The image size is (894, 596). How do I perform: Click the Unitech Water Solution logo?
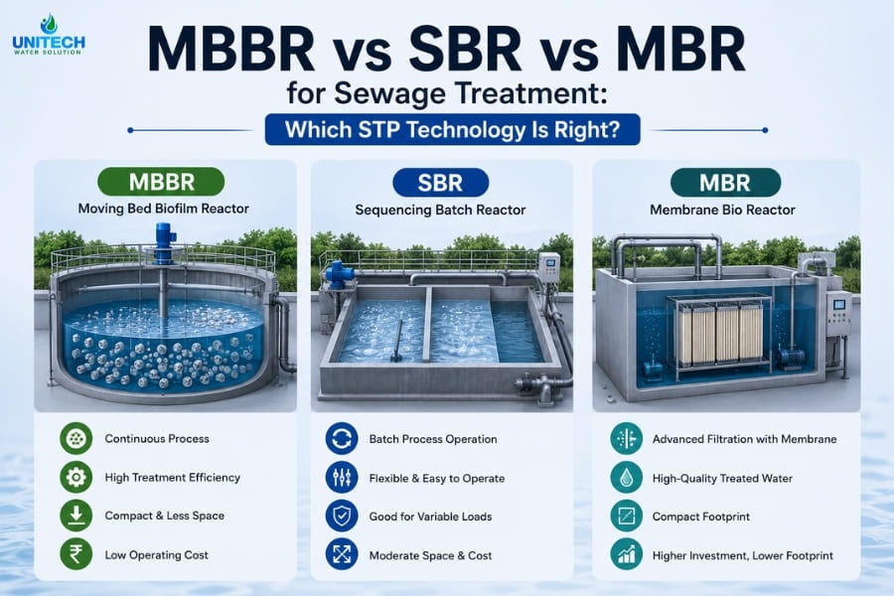pyautogui.click(x=49, y=35)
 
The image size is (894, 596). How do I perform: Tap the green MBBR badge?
pyautogui.click(x=161, y=182)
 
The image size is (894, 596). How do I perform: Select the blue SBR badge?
pyautogui.click(x=441, y=183)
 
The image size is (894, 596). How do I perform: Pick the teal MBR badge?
pyautogui.click(x=725, y=183)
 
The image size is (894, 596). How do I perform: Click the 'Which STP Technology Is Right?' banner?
pyautogui.click(x=453, y=129)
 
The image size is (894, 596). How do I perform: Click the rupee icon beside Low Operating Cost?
pyautogui.click(x=75, y=554)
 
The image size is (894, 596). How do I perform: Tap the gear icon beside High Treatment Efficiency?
pyautogui.click(x=75, y=477)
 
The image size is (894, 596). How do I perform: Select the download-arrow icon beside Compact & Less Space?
pyautogui.click(x=75, y=515)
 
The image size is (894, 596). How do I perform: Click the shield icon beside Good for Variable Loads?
pyautogui.click(x=342, y=517)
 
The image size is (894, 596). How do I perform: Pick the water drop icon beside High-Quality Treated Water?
pyautogui.click(x=626, y=478)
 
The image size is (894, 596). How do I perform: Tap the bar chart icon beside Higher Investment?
pyautogui.click(x=626, y=554)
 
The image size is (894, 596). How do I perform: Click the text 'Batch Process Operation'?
pyautogui.click(x=433, y=439)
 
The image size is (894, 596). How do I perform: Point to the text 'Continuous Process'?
pyautogui.click(x=157, y=439)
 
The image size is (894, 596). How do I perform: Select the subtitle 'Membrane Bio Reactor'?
pyautogui.click(x=722, y=210)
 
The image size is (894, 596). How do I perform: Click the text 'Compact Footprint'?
pyautogui.click(x=700, y=517)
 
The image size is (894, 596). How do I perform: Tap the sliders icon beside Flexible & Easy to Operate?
pyautogui.click(x=342, y=478)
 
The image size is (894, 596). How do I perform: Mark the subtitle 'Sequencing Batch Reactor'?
pyautogui.click(x=440, y=210)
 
